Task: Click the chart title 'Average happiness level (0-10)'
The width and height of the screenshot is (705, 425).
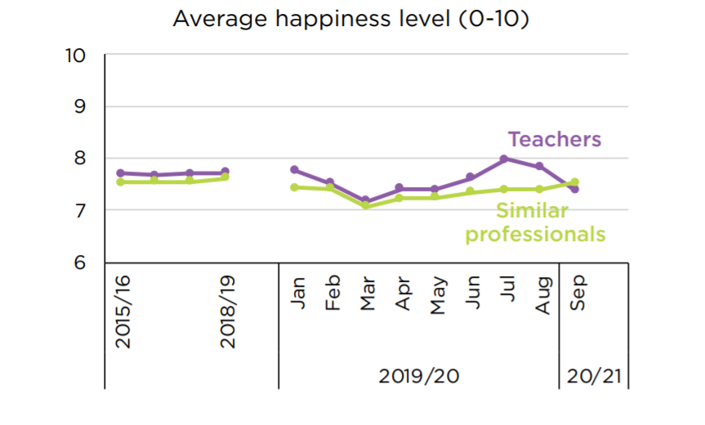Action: click(x=351, y=19)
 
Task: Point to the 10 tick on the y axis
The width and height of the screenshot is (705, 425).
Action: click(x=75, y=56)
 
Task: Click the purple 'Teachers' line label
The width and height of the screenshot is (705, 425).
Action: click(x=554, y=139)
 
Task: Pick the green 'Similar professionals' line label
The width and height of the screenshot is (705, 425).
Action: click(x=535, y=223)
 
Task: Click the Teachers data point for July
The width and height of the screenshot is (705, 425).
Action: click(x=504, y=159)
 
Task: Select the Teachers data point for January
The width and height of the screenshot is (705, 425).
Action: click(x=294, y=170)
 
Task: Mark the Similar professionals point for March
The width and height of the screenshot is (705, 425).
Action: click(x=364, y=206)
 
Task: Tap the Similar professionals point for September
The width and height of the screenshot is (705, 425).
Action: click(x=575, y=182)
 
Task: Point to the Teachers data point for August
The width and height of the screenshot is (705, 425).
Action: click(x=539, y=167)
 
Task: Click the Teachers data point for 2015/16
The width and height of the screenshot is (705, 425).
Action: click(x=120, y=173)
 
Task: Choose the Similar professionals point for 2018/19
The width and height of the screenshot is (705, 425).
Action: click(x=225, y=177)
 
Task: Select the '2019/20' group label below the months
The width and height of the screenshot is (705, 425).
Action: click(x=418, y=377)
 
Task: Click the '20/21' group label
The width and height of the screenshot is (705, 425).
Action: click(x=594, y=377)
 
